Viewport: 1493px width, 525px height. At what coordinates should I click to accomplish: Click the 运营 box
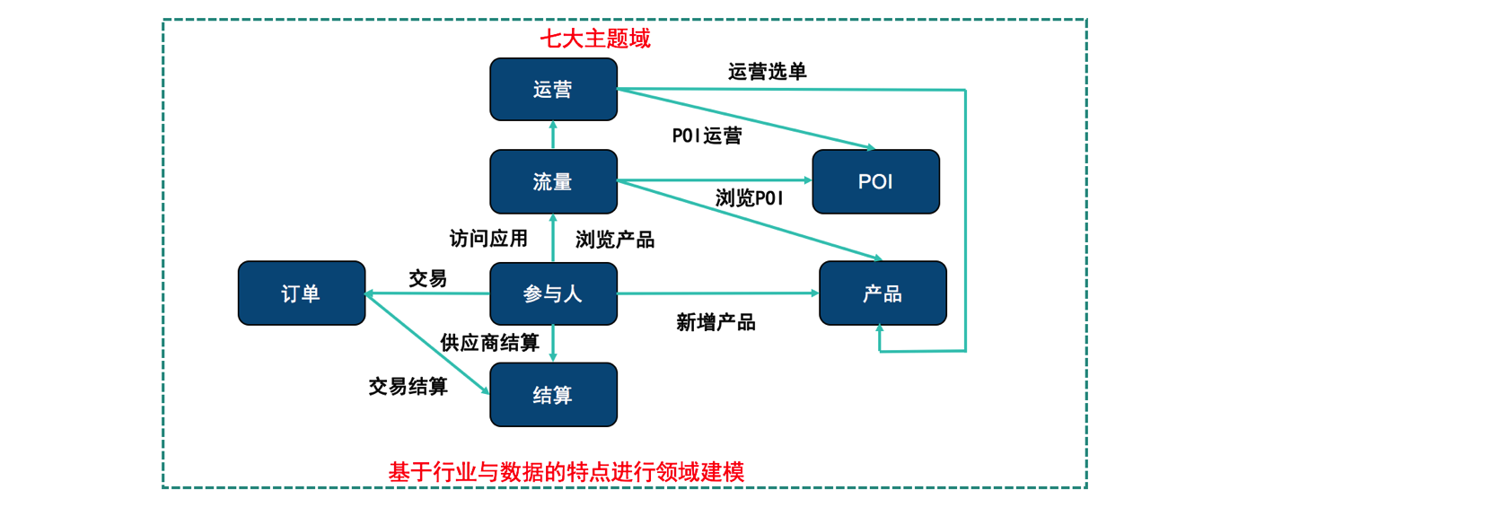click(553, 90)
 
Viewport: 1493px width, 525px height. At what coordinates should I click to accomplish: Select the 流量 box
click(553, 181)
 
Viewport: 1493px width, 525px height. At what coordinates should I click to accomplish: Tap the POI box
click(875, 181)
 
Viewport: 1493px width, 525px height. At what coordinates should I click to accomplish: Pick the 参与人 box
click(553, 293)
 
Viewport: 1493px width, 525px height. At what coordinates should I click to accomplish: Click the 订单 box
click(301, 293)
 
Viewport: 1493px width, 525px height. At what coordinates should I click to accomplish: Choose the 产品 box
click(883, 293)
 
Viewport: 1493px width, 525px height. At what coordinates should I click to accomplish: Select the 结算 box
click(553, 395)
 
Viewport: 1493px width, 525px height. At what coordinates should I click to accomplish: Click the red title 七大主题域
click(595, 39)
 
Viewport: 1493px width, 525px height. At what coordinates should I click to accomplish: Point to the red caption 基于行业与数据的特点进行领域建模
click(566, 472)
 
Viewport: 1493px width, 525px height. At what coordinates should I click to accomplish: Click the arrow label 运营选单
click(767, 72)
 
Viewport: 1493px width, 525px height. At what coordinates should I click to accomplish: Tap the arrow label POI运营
click(707, 136)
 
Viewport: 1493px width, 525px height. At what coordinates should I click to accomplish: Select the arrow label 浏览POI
click(750, 197)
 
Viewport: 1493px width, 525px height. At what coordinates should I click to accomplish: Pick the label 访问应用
click(488, 239)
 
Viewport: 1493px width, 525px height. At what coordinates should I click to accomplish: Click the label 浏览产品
click(615, 240)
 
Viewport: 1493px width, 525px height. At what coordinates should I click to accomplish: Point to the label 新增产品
click(716, 322)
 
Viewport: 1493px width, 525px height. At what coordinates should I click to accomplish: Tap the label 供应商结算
click(489, 343)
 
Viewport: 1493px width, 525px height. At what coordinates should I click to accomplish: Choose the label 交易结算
click(408, 387)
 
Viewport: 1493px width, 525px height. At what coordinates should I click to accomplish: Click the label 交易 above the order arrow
click(427, 278)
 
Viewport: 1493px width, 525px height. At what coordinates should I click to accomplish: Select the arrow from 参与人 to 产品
click(718, 293)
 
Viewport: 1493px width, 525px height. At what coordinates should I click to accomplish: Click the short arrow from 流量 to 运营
click(553, 135)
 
